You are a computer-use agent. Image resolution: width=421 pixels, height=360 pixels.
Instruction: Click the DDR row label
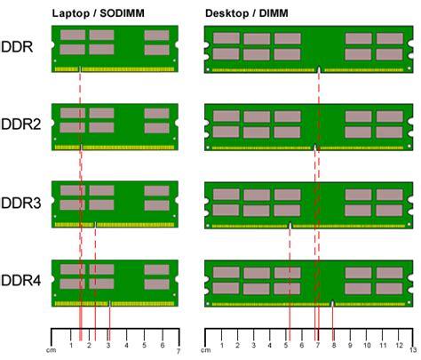(18, 46)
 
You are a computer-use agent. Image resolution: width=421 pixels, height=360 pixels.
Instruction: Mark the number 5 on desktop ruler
(287, 344)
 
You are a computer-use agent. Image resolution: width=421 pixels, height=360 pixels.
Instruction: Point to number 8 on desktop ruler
(333, 344)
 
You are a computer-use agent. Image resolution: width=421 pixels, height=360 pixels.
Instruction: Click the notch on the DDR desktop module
(319, 69)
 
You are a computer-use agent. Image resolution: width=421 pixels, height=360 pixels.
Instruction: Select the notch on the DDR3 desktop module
(290, 226)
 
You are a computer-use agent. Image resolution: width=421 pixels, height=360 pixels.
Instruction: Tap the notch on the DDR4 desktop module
(332, 303)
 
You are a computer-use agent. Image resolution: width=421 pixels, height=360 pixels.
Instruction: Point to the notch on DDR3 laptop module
(95, 223)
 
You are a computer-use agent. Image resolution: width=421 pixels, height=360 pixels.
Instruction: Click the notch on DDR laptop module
(81, 68)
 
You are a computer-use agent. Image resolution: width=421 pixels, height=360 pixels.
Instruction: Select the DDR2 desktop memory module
(306, 127)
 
